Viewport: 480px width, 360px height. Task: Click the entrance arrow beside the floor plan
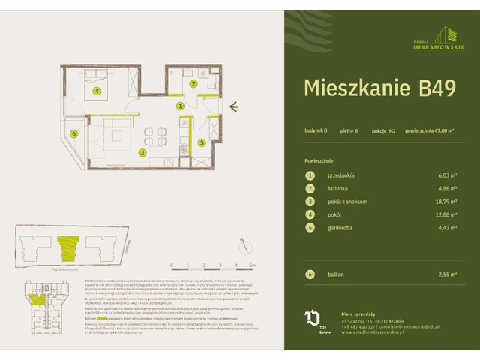[234, 106]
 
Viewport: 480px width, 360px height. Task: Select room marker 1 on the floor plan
[180, 106]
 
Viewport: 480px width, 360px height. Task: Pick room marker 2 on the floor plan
[193, 84]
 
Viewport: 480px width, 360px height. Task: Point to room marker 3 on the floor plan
[142, 153]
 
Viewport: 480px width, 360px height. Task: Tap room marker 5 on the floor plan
[202, 142]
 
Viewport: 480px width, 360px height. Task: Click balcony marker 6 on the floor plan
[73, 134]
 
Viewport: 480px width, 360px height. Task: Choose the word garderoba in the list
[342, 229]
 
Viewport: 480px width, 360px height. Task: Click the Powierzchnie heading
[319, 160]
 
